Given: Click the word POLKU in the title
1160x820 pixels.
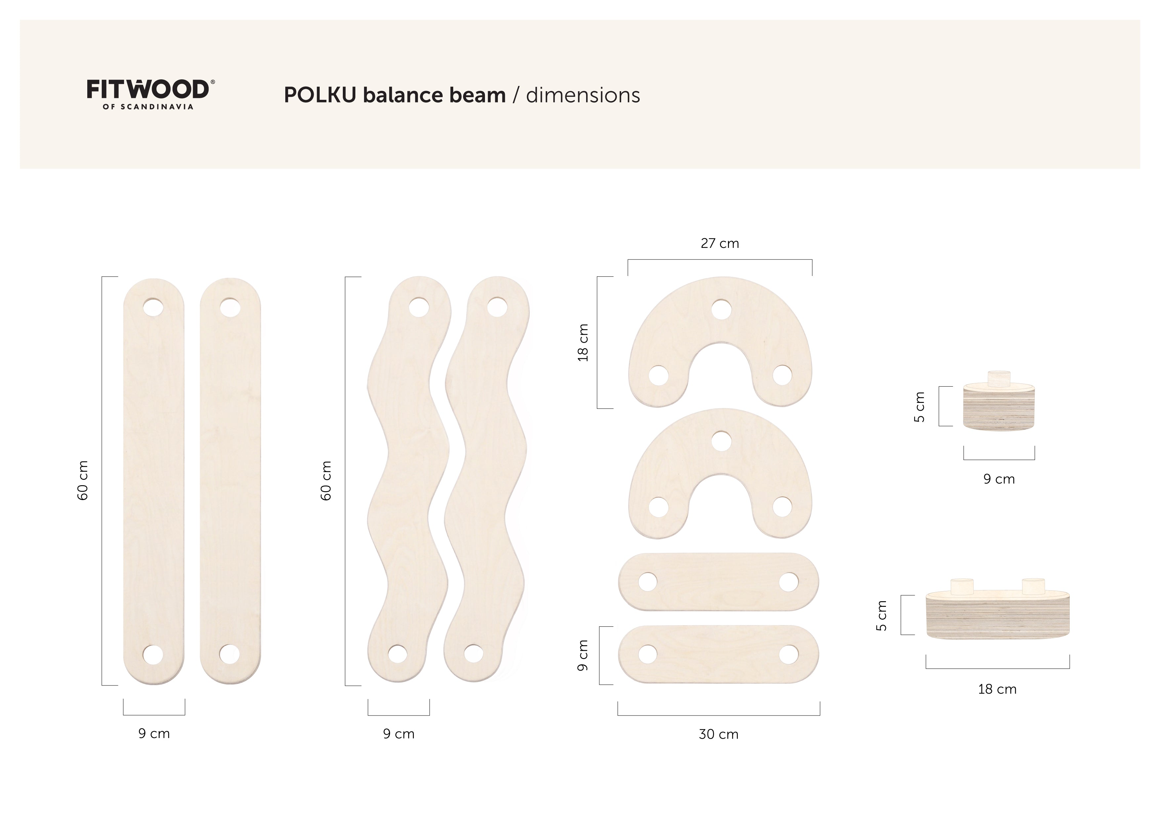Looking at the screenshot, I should pyautogui.click(x=320, y=95).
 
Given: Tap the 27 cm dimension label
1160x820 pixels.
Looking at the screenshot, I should pyautogui.click(x=719, y=244).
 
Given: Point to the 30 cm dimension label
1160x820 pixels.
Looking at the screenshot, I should pyautogui.click(x=718, y=734).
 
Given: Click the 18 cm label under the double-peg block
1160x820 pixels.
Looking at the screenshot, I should pyautogui.click(x=997, y=689).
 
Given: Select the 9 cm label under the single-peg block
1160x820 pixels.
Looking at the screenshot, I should pyautogui.click(x=999, y=479).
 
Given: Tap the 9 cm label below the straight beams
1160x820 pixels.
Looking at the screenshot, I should pyautogui.click(x=154, y=734).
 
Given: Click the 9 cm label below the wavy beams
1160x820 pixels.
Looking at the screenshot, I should pyautogui.click(x=399, y=734).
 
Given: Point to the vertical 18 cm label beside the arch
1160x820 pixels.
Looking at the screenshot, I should pyautogui.click(x=583, y=342).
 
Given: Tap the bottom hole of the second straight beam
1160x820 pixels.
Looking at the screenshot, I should pyautogui.click(x=229, y=654).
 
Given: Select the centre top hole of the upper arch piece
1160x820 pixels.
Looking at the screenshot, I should pyautogui.click(x=721, y=310).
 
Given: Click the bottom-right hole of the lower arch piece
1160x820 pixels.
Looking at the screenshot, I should pyautogui.click(x=782, y=507).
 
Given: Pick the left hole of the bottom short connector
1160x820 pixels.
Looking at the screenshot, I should pyautogui.click(x=648, y=654).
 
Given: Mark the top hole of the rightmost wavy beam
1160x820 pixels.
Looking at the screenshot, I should pyautogui.click(x=497, y=307).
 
